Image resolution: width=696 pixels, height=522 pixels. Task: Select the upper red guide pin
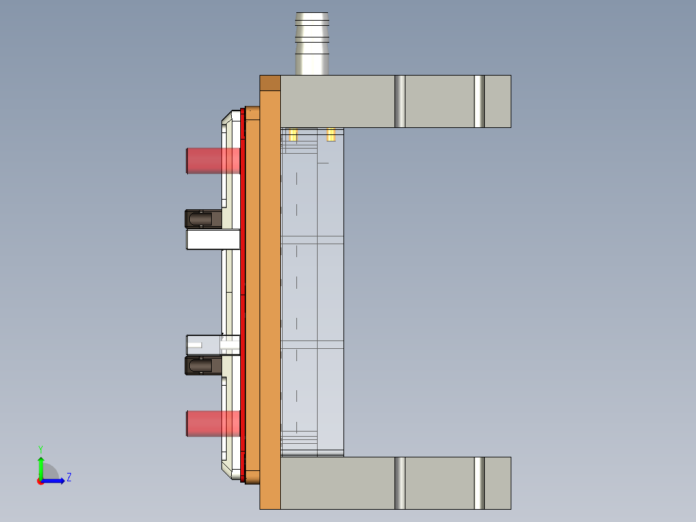point(212,160)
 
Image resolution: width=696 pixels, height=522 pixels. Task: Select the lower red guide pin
point(212,423)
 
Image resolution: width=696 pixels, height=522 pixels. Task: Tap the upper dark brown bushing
point(202,219)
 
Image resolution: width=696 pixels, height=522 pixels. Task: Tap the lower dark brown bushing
point(202,366)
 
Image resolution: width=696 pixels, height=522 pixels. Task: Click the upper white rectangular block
point(212,240)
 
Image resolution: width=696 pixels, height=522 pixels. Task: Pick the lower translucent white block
point(212,344)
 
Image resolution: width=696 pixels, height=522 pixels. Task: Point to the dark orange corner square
point(270,83)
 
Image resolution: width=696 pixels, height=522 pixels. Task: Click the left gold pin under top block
point(293,134)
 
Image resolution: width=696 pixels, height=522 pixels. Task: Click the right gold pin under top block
point(331,134)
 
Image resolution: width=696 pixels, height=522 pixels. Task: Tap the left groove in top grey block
point(400,101)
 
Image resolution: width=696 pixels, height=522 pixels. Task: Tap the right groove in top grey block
point(479,101)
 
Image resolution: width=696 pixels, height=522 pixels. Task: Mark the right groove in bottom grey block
point(479,483)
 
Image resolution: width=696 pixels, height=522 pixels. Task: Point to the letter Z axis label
point(68,477)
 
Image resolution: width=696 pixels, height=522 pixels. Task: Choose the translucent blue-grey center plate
point(312,291)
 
